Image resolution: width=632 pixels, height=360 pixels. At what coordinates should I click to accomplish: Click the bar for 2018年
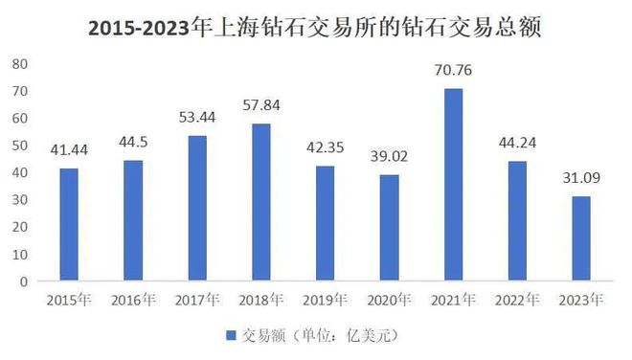click(x=260, y=203)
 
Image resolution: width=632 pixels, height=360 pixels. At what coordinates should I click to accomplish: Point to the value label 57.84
click(x=260, y=103)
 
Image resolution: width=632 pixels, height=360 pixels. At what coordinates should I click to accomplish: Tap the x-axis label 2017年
click(x=196, y=300)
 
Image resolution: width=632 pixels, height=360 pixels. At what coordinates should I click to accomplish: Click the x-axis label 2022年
click(x=517, y=300)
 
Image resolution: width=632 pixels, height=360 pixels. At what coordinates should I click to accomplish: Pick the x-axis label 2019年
click(x=325, y=300)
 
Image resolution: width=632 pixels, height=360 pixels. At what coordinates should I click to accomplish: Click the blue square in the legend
click(x=230, y=336)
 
